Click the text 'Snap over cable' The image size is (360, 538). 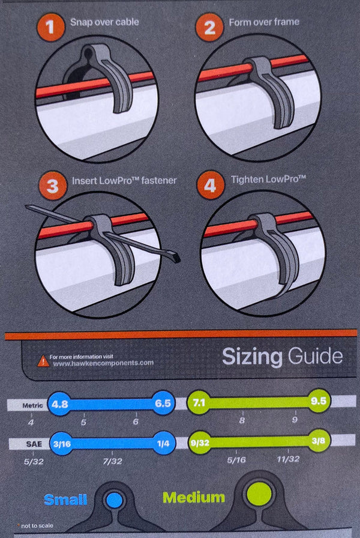pyautogui.click(x=104, y=22)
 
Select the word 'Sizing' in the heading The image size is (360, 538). pyautogui.click(x=252, y=357)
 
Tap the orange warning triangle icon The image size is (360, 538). pyautogui.click(x=43, y=361)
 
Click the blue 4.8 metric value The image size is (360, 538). pyautogui.click(x=60, y=403)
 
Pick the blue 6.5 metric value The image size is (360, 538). pyautogui.click(x=163, y=403)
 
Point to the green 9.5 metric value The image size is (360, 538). pyautogui.click(x=318, y=400)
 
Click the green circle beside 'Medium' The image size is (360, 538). pyautogui.click(x=260, y=496)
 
